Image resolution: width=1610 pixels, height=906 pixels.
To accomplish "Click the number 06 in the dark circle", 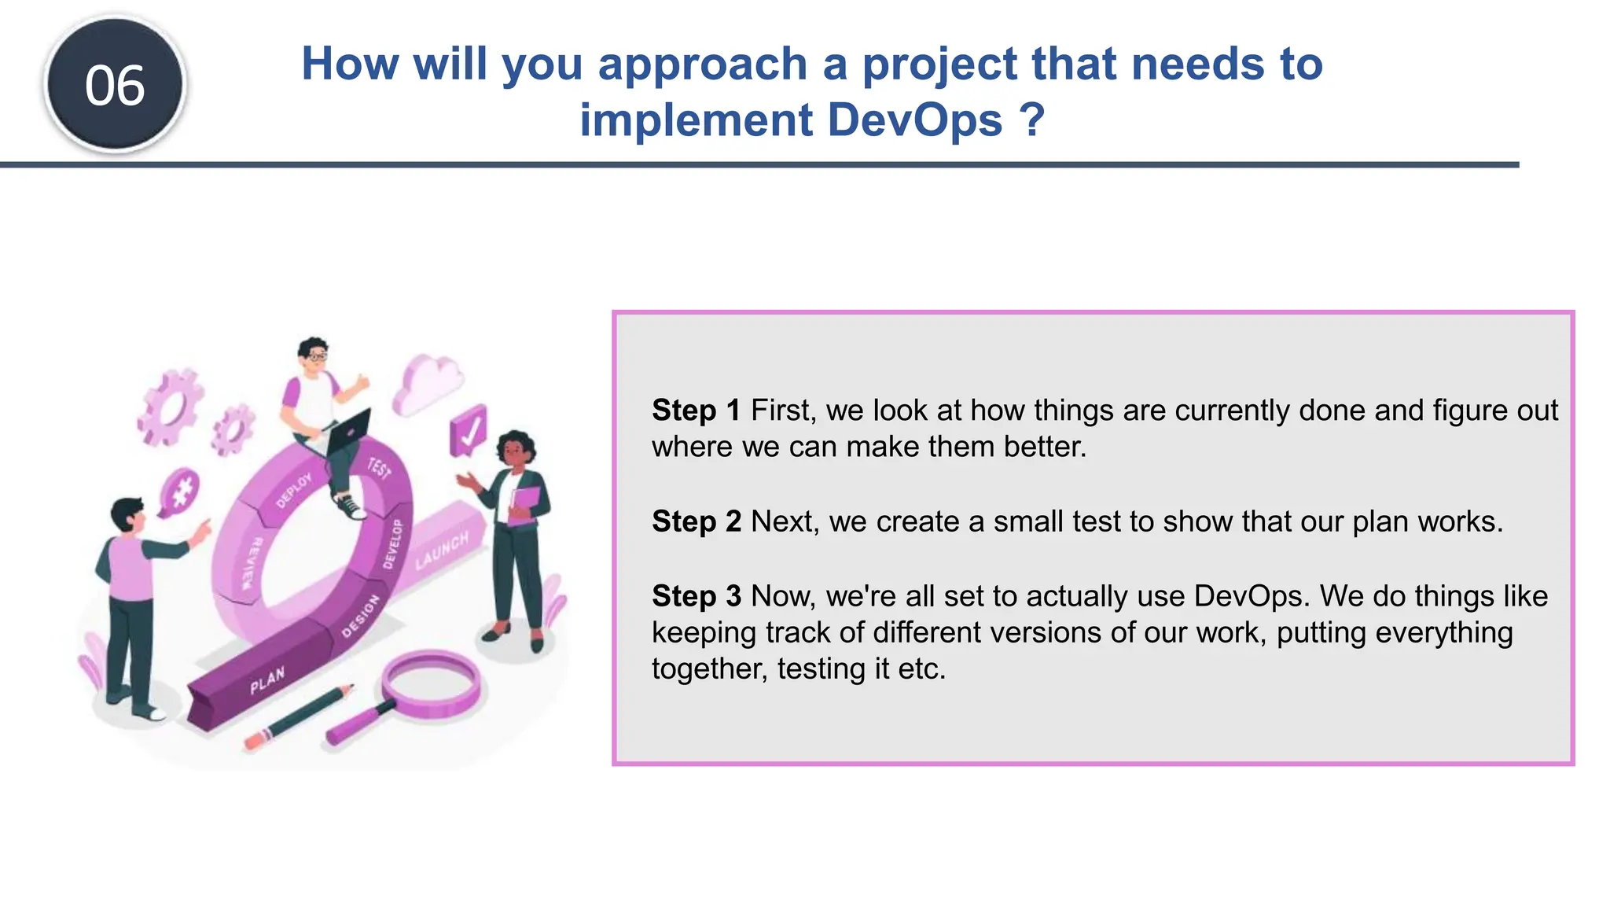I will click(x=115, y=85).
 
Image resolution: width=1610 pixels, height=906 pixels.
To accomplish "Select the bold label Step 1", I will click(x=696, y=410).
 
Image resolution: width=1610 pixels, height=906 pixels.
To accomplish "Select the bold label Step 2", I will click(x=696, y=521).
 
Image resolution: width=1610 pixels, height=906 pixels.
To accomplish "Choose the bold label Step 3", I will click(x=696, y=596).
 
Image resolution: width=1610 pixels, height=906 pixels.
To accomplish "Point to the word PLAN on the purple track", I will click(x=267, y=680).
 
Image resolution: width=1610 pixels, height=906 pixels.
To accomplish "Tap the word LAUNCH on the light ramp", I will click(x=442, y=550).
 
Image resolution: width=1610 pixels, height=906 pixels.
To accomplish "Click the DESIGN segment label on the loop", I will click(x=361, y=616).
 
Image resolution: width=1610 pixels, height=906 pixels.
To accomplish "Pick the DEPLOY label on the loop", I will click(x=294, y=490).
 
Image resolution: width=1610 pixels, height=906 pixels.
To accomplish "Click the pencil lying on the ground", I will click(x=300, y=716).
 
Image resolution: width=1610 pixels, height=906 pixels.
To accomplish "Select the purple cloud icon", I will click(x=428, y=383).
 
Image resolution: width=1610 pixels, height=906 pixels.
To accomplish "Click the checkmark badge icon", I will click(x=469, y=430).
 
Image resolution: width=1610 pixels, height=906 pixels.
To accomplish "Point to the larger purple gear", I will click(x=171, y=407).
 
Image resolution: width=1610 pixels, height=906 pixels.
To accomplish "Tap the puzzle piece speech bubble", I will click(x=179, y=494).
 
